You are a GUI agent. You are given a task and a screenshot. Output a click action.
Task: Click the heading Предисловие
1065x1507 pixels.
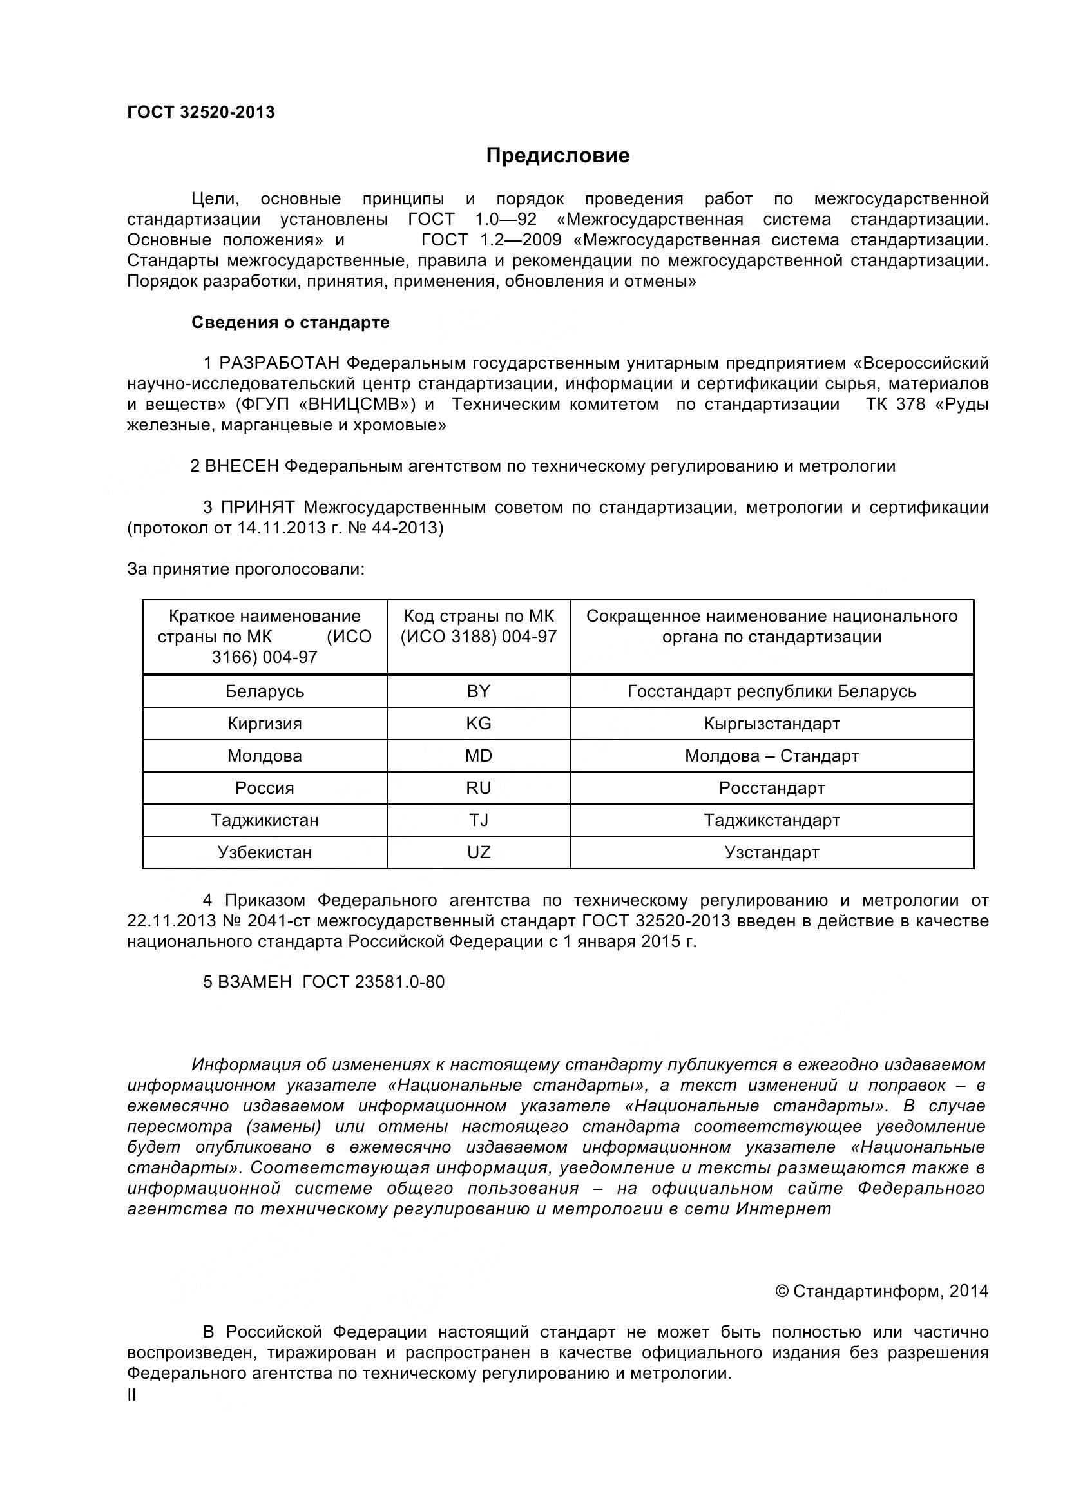click(x=557, y=155)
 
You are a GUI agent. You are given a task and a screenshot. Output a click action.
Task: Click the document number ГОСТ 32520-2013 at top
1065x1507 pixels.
click(x=201, y=112)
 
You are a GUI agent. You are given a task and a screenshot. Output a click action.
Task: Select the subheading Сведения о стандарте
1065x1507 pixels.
click(x=290, y=322)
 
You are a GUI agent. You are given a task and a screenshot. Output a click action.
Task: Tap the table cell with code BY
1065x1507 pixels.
click(x=478, y=691)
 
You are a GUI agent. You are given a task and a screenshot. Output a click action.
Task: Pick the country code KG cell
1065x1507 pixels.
click(x=478, y=724)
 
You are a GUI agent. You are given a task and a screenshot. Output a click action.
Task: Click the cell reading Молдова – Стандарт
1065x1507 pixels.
click(x=772, y=756)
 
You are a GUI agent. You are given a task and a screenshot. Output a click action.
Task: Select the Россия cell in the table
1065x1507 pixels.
click(x=264, y=787)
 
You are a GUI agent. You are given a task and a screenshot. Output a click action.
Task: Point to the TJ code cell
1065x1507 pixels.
click(x=478, y=820)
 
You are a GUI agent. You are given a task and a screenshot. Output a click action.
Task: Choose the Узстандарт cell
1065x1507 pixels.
click(x=772, y=852)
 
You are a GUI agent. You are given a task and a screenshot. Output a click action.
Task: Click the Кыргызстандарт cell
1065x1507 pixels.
click(x=772, y=724)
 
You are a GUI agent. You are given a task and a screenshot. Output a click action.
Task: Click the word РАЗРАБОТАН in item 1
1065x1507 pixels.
click(x=280, y=363)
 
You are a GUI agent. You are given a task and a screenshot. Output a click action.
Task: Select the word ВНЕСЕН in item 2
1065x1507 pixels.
click(x=242, y=466)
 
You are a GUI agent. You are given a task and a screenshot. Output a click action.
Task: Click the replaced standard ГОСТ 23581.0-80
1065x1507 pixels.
click(x=374, y=982)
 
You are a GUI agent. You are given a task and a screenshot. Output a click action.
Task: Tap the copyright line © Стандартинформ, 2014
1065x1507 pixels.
click(x=882, y=1291)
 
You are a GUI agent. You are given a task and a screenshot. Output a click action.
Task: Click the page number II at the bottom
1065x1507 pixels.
click(x=132, y=1396)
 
